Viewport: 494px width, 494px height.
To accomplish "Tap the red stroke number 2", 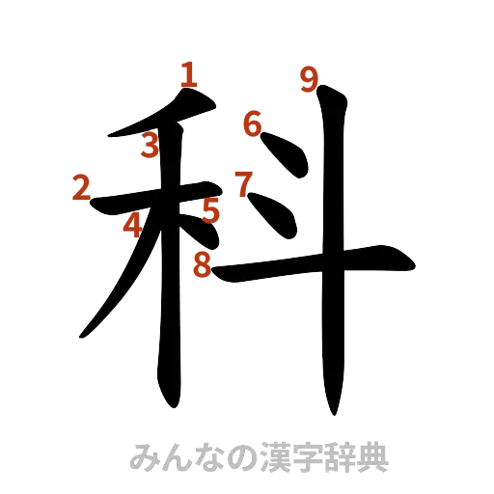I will click(81, 187).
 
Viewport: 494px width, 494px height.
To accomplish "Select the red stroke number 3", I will click(149, 147).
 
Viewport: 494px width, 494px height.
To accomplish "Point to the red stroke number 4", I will click(132, 225).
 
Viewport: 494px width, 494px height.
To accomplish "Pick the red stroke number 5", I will click(211, 210).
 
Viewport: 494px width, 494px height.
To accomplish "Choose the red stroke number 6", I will click(252, 124).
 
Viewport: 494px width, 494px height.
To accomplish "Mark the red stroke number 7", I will click(242, 182).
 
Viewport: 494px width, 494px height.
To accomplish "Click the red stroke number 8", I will click(203, 262).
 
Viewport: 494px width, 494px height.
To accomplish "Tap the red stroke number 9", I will click(308, 78).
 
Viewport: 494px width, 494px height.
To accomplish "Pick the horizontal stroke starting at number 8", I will click(309, 263).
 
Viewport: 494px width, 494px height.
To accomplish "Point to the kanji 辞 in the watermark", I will click(342, 455).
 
